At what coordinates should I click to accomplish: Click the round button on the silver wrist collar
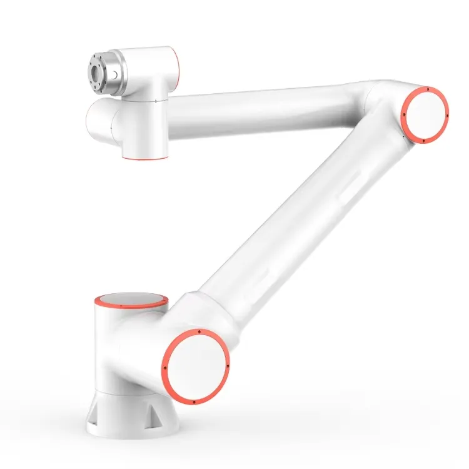point(116,76)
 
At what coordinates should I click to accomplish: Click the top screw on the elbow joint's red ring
point(425,90)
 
